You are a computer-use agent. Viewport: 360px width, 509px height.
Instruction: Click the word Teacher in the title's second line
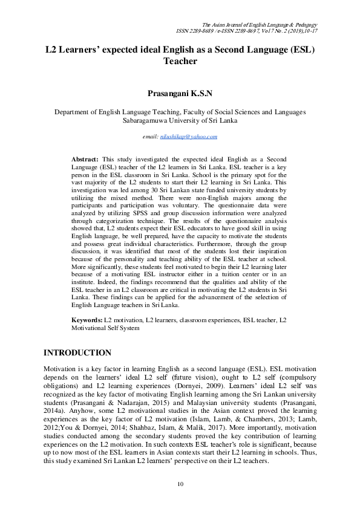click(x=180, y=61)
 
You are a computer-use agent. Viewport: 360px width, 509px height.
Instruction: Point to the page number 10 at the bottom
click(x=180, y=484)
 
